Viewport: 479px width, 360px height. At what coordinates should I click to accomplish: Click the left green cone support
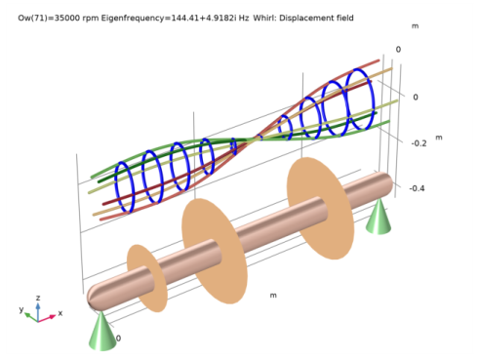(101, 331)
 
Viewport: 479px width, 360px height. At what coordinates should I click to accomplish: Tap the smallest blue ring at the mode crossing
(234, 146)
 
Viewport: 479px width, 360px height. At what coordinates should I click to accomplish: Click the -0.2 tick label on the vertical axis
(418, 142)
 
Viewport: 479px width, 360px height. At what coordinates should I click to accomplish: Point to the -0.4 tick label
(418, 188)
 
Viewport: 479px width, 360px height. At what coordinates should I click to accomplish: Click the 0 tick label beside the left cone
(119, 339)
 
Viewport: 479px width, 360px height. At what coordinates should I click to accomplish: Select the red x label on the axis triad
(60, 313)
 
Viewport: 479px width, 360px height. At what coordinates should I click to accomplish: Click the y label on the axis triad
(20, 309)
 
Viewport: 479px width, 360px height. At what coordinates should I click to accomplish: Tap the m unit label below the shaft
(273, 295)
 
